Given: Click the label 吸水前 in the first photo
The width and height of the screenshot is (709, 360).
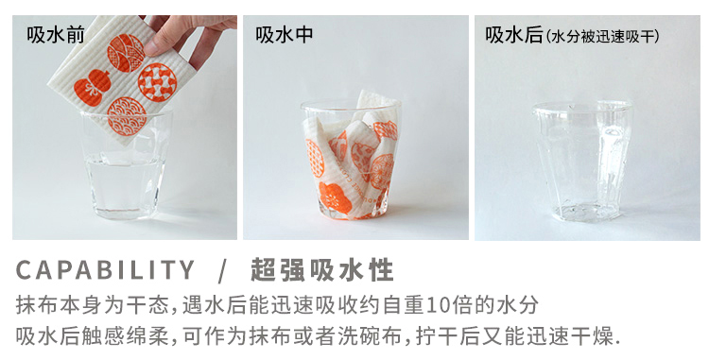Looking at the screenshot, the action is (55, 35).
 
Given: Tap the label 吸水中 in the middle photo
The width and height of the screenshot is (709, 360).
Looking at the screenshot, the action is (285, 35).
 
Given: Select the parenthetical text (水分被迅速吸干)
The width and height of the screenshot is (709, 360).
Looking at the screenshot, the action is (602, 36).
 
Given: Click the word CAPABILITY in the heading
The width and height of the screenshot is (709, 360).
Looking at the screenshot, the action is (105, 269).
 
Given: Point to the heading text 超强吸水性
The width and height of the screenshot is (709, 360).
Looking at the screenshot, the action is (322, 269).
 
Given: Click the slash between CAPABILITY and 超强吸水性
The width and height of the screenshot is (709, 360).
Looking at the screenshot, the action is (221, 270).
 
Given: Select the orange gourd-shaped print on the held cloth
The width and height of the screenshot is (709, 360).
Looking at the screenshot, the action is (92, 89).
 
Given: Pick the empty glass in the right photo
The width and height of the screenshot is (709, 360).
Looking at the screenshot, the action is (582, 161).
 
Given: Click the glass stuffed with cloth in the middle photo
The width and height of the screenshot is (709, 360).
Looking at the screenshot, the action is (351, 161).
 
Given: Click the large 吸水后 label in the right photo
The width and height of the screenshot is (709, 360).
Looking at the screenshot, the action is (514, 35).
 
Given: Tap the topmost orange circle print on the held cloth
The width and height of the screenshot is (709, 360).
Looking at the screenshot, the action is (126, 53).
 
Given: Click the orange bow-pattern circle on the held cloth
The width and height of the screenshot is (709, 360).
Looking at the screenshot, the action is (157, 82).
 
